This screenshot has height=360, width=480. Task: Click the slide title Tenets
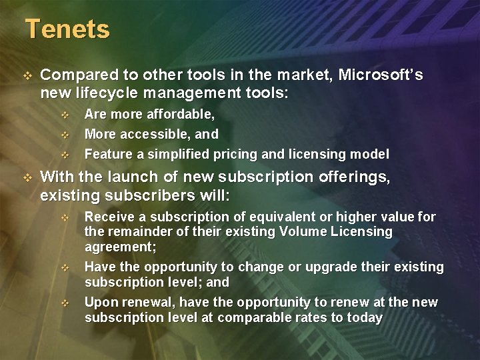click(67, 29)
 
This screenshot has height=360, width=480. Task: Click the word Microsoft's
click(381, 75)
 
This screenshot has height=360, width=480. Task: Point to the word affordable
click(181, 115)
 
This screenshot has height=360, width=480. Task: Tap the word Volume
click(303, 232)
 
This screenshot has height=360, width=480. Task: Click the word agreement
click(119, 247)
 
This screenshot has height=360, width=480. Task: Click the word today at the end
click(365, 317)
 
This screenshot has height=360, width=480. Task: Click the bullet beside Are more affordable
click(65, 116)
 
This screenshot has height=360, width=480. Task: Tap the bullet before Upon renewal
click(65, 303)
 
